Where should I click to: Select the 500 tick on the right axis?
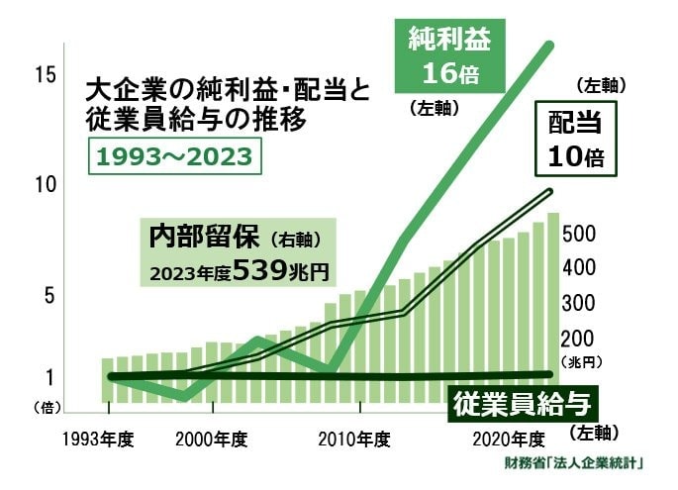pos(579,235)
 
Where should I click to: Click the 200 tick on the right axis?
pos(579,337)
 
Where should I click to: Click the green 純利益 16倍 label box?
pos(449,58)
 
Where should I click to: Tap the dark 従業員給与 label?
pos(525,403)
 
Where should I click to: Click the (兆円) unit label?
pos(582,362)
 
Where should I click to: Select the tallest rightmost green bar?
pos(553,307)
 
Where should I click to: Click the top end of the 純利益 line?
pos(550,46)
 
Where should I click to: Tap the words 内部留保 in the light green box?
pos(204,239)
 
